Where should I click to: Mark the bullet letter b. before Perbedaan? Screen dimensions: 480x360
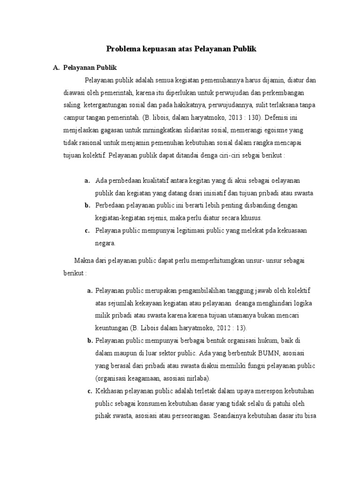click(87, 205)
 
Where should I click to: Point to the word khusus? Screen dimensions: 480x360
click(251, 217)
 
